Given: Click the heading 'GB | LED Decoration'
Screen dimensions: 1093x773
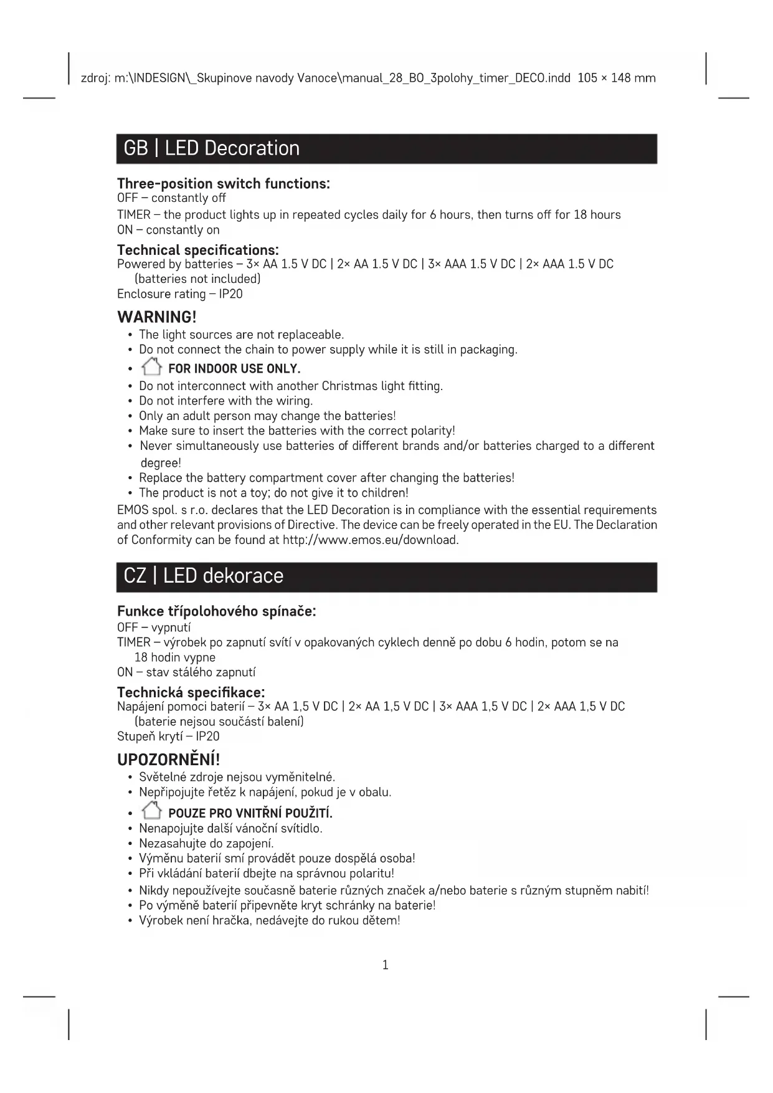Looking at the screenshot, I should (212, 148).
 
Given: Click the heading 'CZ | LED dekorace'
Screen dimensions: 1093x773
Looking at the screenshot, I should (204, 576).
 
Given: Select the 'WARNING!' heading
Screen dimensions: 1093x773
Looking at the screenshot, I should (157, 317).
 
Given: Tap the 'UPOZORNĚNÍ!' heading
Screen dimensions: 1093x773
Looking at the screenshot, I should (169, 760).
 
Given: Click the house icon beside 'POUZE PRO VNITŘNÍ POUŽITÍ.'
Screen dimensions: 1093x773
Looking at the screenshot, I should (151, 811).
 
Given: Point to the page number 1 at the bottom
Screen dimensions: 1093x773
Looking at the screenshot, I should (385, 965).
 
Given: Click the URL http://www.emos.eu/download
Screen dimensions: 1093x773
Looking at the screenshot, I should (371, 540).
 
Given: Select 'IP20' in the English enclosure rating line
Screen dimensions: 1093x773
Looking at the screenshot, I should (230, 294).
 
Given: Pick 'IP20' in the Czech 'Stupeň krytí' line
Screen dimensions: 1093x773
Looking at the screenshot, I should (207, 737).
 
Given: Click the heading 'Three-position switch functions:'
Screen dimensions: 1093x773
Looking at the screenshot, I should (224, 184).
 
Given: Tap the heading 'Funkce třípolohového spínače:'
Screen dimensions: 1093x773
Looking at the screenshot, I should (217, 611).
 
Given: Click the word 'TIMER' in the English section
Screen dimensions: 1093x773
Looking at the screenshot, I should (134, 215).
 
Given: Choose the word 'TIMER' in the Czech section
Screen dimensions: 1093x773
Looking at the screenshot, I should (134, 642).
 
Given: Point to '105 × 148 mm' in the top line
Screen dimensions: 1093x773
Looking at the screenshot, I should (617, 79).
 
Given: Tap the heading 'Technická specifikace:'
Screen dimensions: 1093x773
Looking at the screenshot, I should (191, 692).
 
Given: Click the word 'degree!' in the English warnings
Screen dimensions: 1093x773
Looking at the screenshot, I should (161, 463).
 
